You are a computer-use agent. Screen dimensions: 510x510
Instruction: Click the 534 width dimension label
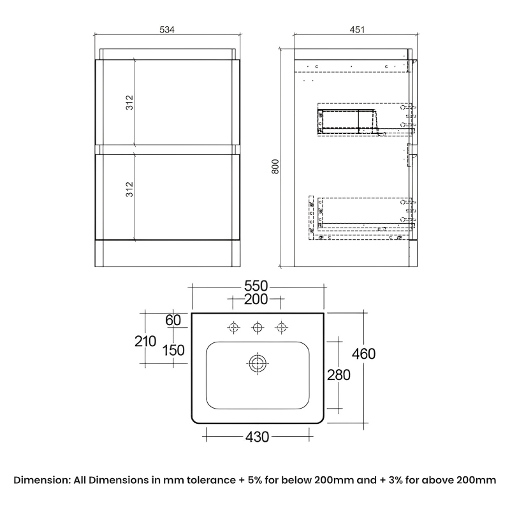pos(167,29)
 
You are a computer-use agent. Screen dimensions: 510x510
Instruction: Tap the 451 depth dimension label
pos(357,29)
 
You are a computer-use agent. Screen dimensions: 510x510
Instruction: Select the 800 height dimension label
pos(275,166)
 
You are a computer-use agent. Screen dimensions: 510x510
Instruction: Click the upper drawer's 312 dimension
pos(129,103)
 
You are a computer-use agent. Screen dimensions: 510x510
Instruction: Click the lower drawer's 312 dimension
pos(129,189)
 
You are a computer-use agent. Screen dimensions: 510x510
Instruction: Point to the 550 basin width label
pos(256,286)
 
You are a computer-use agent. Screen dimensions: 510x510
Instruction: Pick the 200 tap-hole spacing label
pos(256,299)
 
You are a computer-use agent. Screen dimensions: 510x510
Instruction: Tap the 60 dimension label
pos(173,320)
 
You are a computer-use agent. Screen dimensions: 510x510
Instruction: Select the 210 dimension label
pos(145,341)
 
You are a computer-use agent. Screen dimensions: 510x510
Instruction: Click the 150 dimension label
pos(173,350)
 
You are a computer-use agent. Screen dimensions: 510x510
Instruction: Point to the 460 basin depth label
pos(363,354)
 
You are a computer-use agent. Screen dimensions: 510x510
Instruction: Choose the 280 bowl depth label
pos(339,375)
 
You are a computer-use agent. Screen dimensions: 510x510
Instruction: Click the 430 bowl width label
pos(258,437)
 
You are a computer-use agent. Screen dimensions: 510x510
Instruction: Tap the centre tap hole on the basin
pos(258,327)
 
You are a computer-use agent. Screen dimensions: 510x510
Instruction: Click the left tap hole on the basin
pos(233,327)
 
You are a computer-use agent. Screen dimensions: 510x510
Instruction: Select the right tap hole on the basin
pos(281,327)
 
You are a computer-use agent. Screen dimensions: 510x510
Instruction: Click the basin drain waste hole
pos(258,363)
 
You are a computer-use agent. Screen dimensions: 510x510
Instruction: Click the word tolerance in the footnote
pos(211,480)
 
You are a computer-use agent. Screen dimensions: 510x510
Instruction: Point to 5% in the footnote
pos(254,480)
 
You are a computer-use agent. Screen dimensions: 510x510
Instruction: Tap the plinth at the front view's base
pos(168,254)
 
